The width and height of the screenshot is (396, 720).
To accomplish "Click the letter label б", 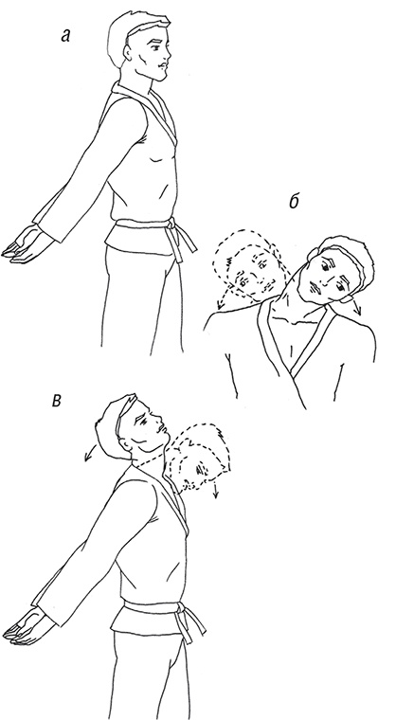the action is pyautogui.click(x=294, y=201).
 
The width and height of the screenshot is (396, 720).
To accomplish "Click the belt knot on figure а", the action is pyautogui.click(x=171, y=225).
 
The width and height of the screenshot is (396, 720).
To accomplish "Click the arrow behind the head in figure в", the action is pyautogui.click(x=90, y=452).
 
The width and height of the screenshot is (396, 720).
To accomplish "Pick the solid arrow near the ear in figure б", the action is pyautogui.click(x=356, y=308).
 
